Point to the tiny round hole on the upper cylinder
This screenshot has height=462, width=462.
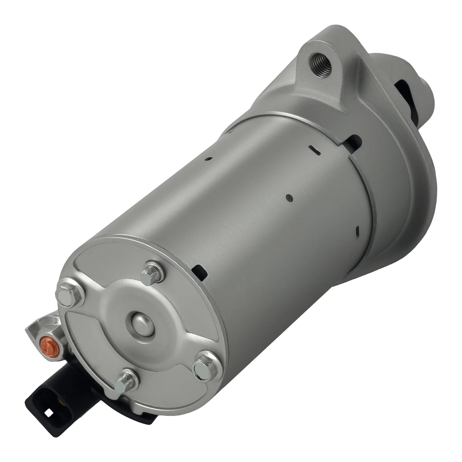(x=211, y=158)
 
